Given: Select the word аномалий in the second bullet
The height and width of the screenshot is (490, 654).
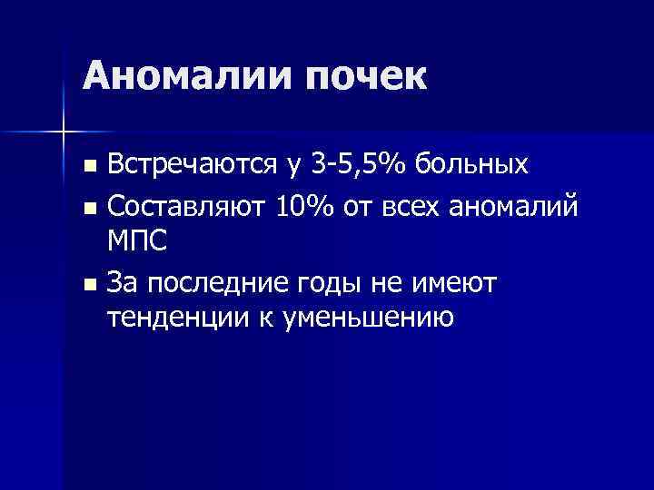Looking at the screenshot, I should [515, 208].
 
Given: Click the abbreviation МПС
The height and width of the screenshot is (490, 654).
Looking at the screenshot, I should [136, 242].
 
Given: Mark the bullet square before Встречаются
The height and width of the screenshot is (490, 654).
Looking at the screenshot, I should [88, 167].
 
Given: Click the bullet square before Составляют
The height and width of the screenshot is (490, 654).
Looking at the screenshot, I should [88, 209].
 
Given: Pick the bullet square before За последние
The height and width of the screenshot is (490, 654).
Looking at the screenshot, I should [88, 286].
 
